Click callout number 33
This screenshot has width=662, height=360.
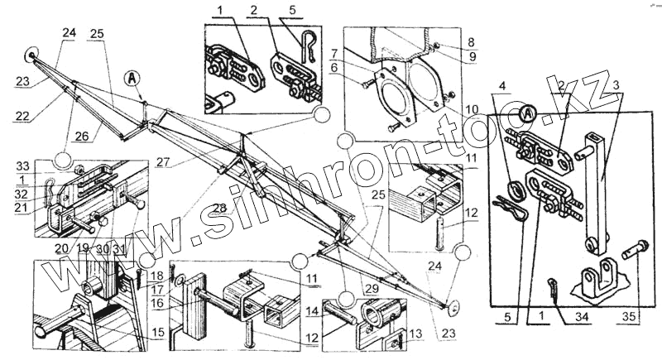click(22, 166)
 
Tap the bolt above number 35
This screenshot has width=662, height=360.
click(638, 246)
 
